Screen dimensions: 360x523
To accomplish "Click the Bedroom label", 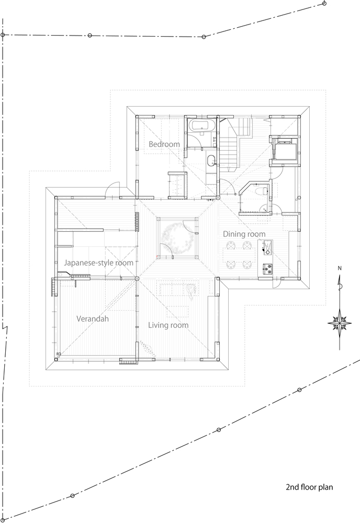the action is [164, 144].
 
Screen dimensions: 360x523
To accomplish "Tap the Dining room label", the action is [244, 234].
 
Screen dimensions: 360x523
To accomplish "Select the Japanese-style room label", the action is [99, 263].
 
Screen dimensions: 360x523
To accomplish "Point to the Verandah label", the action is [93, 319].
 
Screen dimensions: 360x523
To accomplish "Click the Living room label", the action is [168, 325].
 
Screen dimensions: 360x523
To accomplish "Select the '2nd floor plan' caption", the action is [309, 487].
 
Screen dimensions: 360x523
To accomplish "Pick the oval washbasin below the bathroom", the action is [211, 161].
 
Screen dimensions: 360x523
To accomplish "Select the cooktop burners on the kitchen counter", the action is [267, 268].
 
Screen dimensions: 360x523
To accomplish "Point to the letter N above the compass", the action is [340, 268].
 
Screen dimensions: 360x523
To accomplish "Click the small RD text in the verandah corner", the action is [59, 354].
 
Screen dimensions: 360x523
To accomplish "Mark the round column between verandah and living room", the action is [137, 279].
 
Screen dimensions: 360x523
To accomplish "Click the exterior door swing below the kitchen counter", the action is [277, 282].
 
